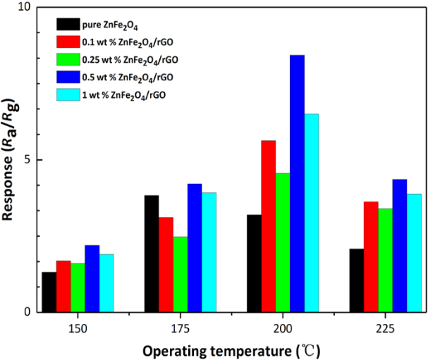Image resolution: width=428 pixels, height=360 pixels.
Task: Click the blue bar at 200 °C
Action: click(x=297, y=183)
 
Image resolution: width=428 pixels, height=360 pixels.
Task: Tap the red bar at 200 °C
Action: click(x=268, y=226)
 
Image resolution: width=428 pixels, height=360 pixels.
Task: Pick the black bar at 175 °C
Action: click(x=152, y=254)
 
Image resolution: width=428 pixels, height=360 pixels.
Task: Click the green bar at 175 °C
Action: click(x=180, y=274)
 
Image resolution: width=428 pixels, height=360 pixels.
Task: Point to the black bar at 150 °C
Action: click(x=49, y=292)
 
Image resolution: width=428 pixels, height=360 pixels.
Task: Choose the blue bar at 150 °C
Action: click(x=92, y=278)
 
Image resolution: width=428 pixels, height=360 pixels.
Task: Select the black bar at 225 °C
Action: click(x=357, y=280)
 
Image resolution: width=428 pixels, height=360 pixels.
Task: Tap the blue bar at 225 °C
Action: click(x=399, y=246)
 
